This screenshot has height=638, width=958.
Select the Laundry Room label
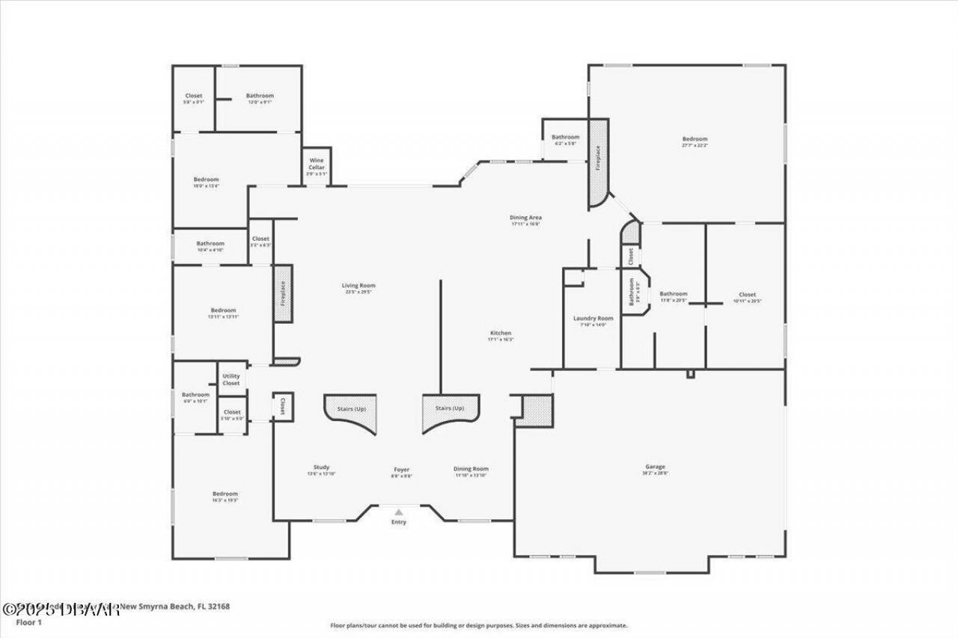click(x=593, y=319)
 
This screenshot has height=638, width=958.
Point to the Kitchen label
click(x=501, y=333)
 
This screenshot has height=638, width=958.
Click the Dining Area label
click(x=525, y=218)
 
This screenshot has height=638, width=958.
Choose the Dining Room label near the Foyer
click(x=471, y=469)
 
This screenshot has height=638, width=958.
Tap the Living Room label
click(x=359, y=285)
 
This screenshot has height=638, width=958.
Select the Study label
click(x=321, y=467)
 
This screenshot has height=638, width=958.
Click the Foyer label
click(x=401, y=470)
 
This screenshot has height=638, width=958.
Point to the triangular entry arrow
click(x=399, y=512)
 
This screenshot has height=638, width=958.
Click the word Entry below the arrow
click(x=399, y=522)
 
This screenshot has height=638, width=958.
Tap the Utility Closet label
click(x=231, y=379)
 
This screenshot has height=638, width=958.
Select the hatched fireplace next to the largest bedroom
click(x=598, y=163)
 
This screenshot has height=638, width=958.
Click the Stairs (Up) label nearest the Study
click(x=352, y=408)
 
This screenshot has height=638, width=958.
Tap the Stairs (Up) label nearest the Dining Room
click(x=450, y=408)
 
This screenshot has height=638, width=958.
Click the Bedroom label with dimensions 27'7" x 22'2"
click(x=694, y=139)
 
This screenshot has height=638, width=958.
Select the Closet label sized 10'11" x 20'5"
click(x=746, y=295)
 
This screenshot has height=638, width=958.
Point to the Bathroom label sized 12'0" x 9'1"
click(x=260, y=96)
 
